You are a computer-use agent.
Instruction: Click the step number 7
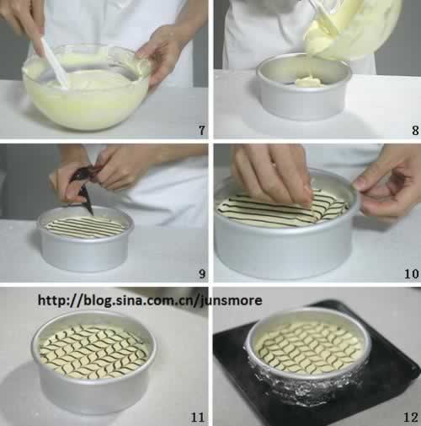point(202,130)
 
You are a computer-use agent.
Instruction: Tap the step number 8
point(415,130)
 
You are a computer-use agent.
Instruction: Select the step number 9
point(202,273)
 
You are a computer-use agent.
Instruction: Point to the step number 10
point(412,273)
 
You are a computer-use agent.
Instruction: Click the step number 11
point(198,418)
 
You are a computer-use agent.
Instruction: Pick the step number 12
point(411,418)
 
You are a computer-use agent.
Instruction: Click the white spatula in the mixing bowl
point(55,63)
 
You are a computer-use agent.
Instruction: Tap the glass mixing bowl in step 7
point(86,87)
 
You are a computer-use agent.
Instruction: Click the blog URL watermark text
point(150,300)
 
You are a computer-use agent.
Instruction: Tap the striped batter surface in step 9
point(85,228)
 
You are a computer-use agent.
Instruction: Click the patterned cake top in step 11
point(93,351)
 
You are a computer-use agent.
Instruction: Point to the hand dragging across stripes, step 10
point(272,175)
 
